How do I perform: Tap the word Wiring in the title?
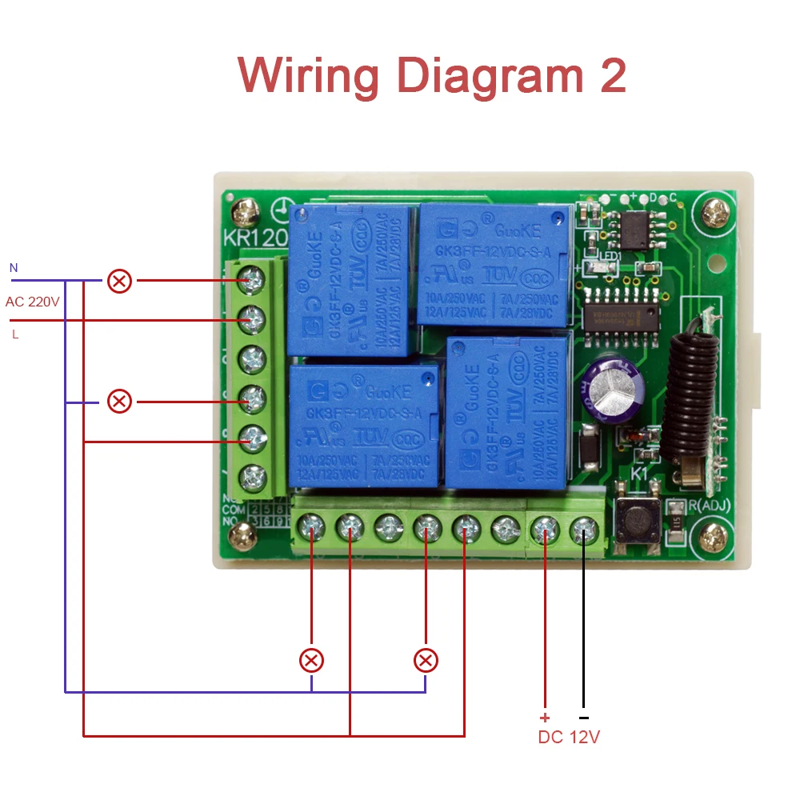click(308, 77)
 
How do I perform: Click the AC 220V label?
click(33, 302)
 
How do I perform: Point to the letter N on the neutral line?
click(14, 267)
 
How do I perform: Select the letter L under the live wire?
click(15, 334)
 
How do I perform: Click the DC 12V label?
click(569, 737)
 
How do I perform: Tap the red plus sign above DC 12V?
click(546, 718)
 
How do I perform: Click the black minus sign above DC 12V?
click(583, 718)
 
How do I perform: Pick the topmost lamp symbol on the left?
click(120, 281)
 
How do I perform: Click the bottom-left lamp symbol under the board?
click(311, 661)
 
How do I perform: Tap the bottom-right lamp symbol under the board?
click(426, 661)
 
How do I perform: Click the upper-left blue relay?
click(352, 280)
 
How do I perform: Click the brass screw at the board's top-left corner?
click(242, 213)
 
